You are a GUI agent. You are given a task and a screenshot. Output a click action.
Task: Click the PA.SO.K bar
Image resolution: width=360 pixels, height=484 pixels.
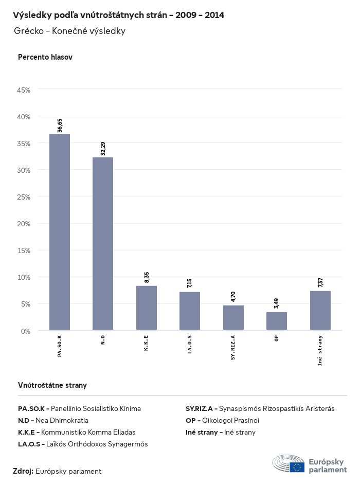click(60, 232)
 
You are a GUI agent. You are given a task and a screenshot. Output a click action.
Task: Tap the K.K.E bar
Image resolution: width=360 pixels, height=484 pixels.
click(147, 308)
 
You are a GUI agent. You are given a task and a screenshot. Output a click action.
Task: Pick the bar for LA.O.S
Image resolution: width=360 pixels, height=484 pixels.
click(190, 311)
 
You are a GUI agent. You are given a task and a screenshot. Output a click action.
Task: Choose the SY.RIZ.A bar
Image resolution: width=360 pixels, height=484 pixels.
click(233, 317)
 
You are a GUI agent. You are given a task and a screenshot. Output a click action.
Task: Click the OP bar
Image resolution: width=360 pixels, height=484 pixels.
click(277, 320)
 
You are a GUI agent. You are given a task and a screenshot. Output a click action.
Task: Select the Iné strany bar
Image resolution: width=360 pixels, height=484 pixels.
click(320, 310)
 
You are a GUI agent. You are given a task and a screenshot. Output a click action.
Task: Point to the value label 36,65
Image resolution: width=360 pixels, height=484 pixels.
click(60, 126)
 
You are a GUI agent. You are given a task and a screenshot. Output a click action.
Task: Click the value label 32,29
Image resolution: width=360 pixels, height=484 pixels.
click(103, 149)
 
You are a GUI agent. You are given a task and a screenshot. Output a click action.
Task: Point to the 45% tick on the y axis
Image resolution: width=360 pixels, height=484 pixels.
click(24, 89)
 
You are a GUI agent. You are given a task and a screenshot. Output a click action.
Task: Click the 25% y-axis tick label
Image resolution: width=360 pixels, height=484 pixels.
click(24, 197)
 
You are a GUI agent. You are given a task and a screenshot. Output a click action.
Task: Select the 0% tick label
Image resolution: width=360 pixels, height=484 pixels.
click(26, 331)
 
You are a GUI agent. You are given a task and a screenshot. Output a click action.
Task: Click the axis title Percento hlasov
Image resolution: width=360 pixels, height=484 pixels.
click(45, 57)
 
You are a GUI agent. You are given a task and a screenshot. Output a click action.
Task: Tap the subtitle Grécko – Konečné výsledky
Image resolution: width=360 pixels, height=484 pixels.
click(70, 31)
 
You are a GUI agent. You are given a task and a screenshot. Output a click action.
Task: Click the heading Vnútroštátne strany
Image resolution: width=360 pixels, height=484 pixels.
click(52, 385)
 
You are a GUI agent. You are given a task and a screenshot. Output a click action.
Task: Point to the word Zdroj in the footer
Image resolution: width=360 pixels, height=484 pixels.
click(23, 471)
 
